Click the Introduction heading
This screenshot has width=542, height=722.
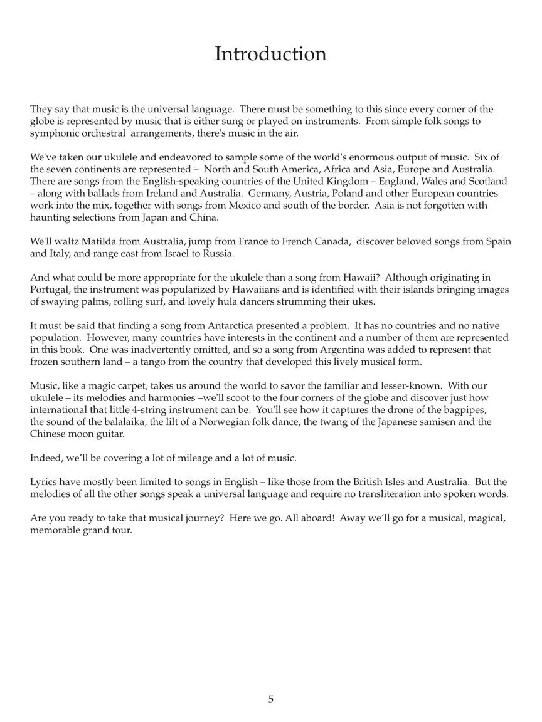tap(270, 54)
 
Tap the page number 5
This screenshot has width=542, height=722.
tap(271, 699)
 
